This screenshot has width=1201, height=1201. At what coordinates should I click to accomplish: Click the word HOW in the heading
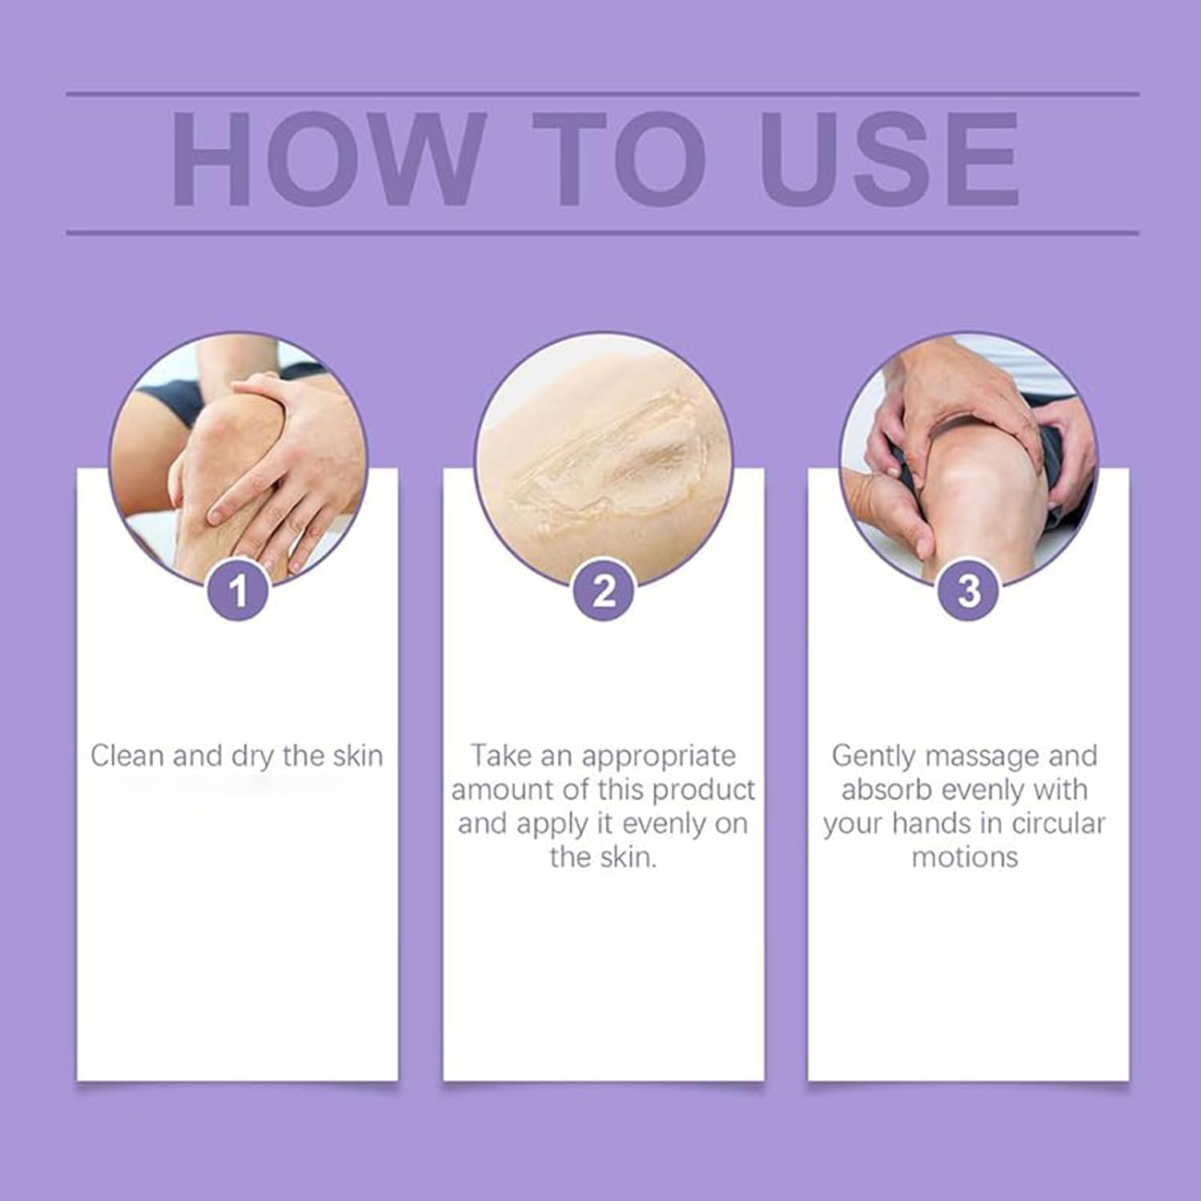[x=329, y=160]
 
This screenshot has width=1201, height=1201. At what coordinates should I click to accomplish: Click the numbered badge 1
[x=238, y=592]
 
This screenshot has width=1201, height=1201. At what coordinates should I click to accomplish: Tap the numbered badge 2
[x=604, y=592]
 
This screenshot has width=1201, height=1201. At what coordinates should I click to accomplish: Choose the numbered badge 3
[x=969, y=592]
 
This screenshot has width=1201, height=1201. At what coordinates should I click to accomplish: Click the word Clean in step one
[x=127, y=756]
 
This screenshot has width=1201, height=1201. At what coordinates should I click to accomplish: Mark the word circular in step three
[x=1058, y=824]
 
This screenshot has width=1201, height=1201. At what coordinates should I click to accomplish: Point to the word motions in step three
[x=965, y=858]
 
